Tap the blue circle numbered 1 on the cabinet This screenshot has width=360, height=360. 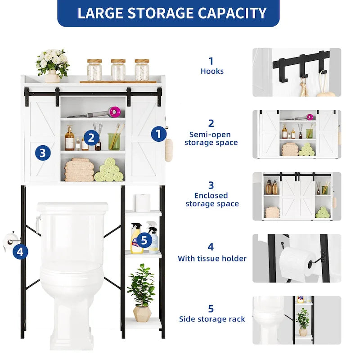click(x=158, y=134)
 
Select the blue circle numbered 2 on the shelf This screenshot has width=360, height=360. click(x=91, y=138)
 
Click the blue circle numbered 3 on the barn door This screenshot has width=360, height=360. click(x=42, y=153)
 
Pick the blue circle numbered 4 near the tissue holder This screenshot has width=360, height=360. click(x=20, y=252)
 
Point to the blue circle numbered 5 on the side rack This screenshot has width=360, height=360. click(x=144, y=240)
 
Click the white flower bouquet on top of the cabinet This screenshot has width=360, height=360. click(x=53, y=62)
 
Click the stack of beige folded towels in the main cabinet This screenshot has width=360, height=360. click(x=79, y=170)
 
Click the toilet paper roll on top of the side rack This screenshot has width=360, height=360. click(x=143, y=202)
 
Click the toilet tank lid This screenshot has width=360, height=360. click(x=72, y=207)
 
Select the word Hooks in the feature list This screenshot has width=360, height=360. click(x=212, y=71)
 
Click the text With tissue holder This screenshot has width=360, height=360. click(x=212, y=258)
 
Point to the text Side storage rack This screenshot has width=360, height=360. click(x=212, y=319)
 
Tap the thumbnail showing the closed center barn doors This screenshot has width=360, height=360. click(x=296, y=197)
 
